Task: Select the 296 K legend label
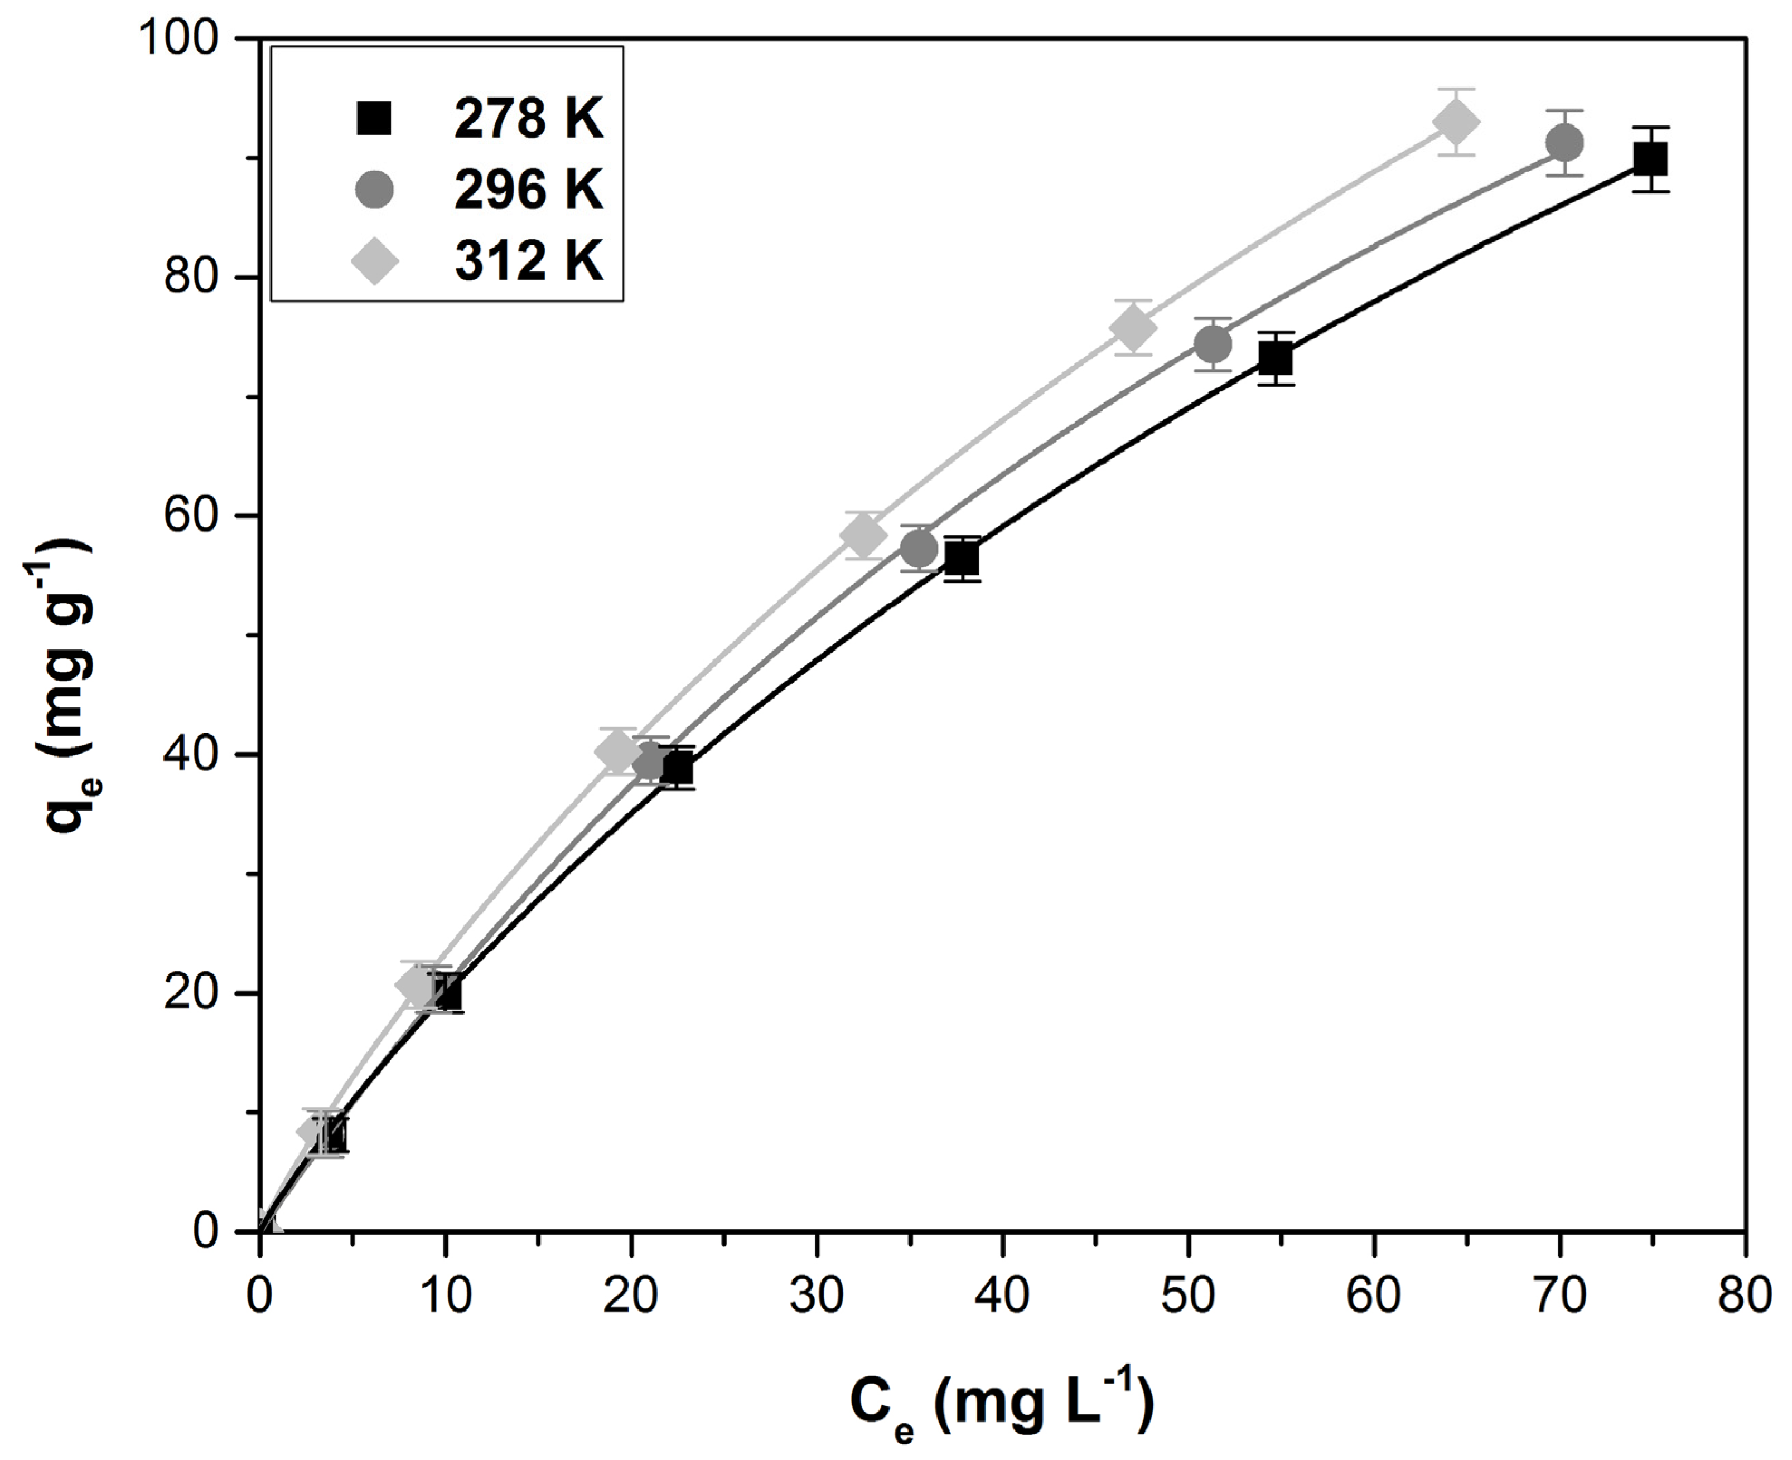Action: (x=528, y=190)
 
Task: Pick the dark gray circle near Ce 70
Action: (x=1564, y=143)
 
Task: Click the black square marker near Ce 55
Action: (x=1276, y=359)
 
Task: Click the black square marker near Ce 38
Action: (x=962, y=559)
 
